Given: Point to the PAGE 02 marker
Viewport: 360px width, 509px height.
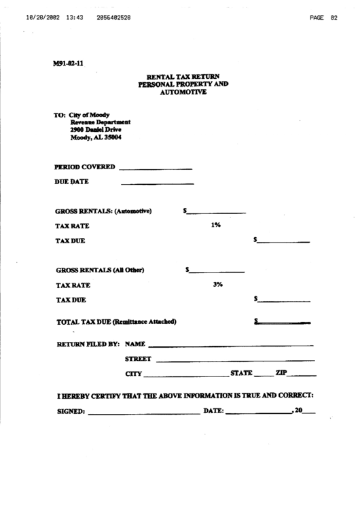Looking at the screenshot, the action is pos(323,18).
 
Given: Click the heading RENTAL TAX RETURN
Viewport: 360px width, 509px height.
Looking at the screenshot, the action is pos(183,77).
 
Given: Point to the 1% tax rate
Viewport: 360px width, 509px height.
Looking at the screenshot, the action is pos(216,225).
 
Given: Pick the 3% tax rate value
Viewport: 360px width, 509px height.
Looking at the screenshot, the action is pos(217,285).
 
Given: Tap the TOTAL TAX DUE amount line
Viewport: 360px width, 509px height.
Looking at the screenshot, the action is pos(284,321).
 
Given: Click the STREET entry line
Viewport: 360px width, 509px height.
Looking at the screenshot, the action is pos(235,359).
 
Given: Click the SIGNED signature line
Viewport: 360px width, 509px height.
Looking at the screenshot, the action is pos(143,413).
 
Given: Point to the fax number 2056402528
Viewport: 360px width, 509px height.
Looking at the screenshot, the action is pos(114,18).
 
